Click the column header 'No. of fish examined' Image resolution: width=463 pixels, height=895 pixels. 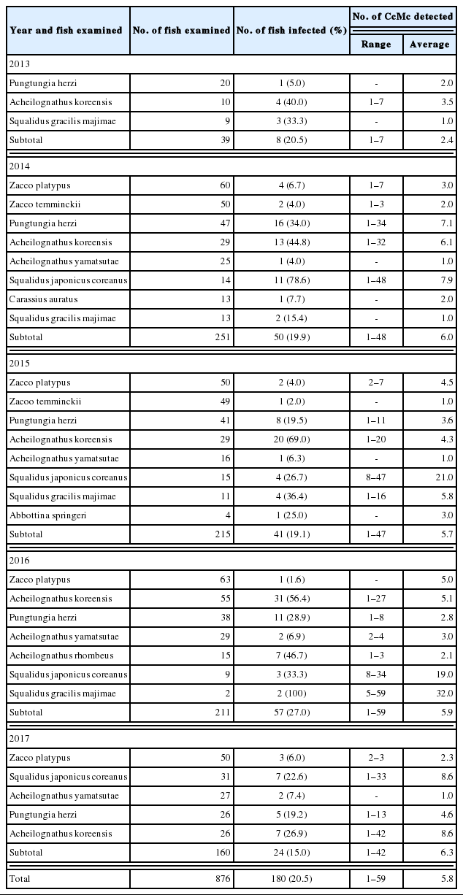tap(182, 31)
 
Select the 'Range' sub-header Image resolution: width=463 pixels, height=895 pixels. tap(376, 45)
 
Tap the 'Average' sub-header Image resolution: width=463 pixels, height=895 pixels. tap(429, 45)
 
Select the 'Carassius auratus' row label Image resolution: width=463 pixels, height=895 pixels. tap(43, 299)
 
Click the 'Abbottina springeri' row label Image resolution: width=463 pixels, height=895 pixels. tap(46, 515)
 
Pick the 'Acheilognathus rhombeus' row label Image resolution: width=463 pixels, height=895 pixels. tap(55, 656)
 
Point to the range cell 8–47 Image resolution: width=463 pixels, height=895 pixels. tap(376, 477)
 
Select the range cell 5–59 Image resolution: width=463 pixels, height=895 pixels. tap(376, 694)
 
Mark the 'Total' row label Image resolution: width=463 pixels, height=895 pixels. tap(21, 878)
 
